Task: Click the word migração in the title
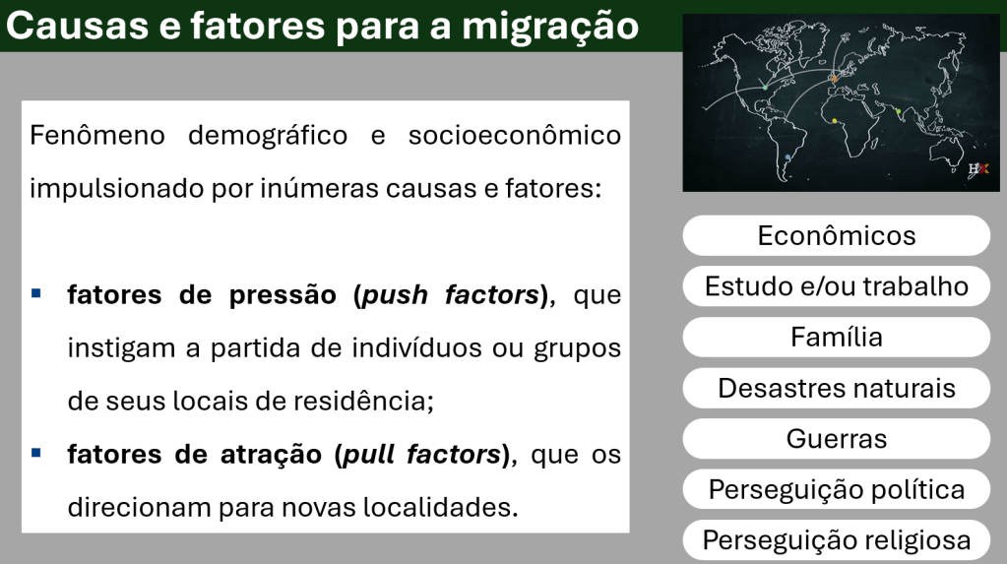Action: coord(549,27)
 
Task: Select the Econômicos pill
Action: coord(836,236)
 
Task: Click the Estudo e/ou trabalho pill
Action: coord(836,286)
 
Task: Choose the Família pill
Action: coord(836,338)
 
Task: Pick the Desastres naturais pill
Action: coord(836,388)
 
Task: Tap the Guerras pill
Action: coord(836,439)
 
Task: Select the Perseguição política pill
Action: coord(836,489)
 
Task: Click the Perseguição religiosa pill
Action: coord(836,540)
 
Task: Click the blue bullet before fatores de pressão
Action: coord(36,293)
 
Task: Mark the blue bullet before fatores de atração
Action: coord(36,453)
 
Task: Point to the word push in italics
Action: coord(395,295)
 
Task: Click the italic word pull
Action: coord(368,454)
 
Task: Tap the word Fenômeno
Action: coord(97,136)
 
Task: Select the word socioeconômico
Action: coord(515,136)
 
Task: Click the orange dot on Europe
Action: coord(834,79)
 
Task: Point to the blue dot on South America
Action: coord(788,157)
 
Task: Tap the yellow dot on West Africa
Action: coord(834,121)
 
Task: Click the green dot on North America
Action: coord(765,88)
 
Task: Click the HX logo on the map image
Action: coord(978,169)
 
